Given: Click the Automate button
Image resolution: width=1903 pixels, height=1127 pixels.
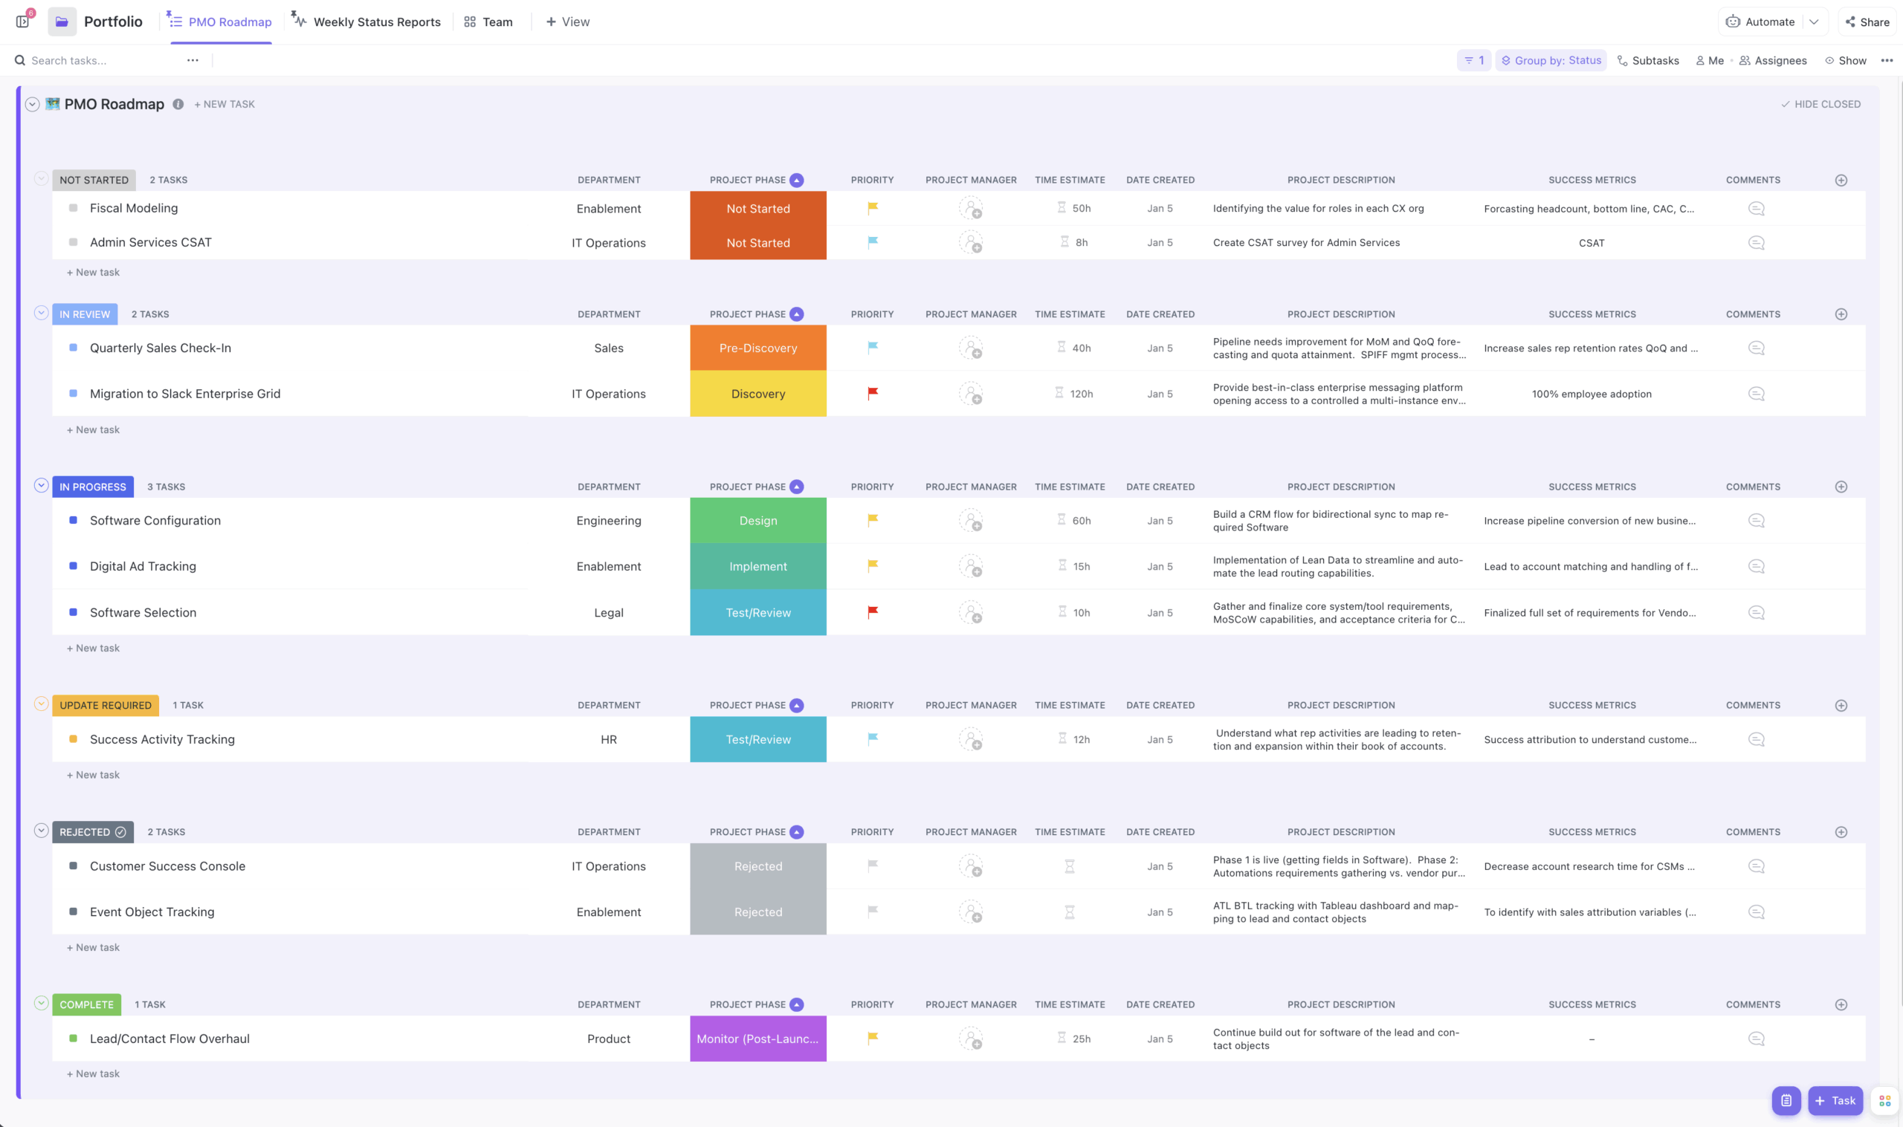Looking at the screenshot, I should click(1761, 22).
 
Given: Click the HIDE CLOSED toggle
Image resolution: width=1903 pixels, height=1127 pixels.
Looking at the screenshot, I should click(1821, 104).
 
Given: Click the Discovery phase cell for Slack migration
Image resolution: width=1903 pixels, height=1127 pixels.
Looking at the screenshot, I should click(757, 394).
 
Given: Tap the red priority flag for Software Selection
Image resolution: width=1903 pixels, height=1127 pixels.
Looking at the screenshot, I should click(872, 612).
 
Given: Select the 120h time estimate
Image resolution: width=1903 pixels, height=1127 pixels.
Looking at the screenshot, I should click(1080, 394).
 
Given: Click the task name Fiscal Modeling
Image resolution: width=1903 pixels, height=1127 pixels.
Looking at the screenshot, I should click(134, 208).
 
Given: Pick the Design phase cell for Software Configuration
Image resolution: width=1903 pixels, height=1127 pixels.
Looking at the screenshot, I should click(757, 520).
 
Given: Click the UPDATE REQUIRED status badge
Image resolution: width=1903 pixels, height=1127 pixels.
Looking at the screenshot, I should click(105, 705).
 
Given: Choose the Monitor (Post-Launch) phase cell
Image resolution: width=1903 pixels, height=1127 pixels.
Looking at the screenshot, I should click(757, 1038).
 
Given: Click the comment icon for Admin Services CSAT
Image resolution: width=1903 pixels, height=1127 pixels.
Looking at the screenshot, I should click(1756, 243).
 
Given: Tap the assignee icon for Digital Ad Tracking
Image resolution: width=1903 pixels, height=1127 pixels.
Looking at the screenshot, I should click(970, 567).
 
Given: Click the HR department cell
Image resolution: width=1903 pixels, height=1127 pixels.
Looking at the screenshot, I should click(609, 739).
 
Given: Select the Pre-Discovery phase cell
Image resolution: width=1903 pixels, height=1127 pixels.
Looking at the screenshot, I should click(757, 348).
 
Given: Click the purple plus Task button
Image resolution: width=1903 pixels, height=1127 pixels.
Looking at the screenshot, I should click(1835, 1100).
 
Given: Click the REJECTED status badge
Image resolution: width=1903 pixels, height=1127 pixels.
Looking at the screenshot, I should click(92, 831).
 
